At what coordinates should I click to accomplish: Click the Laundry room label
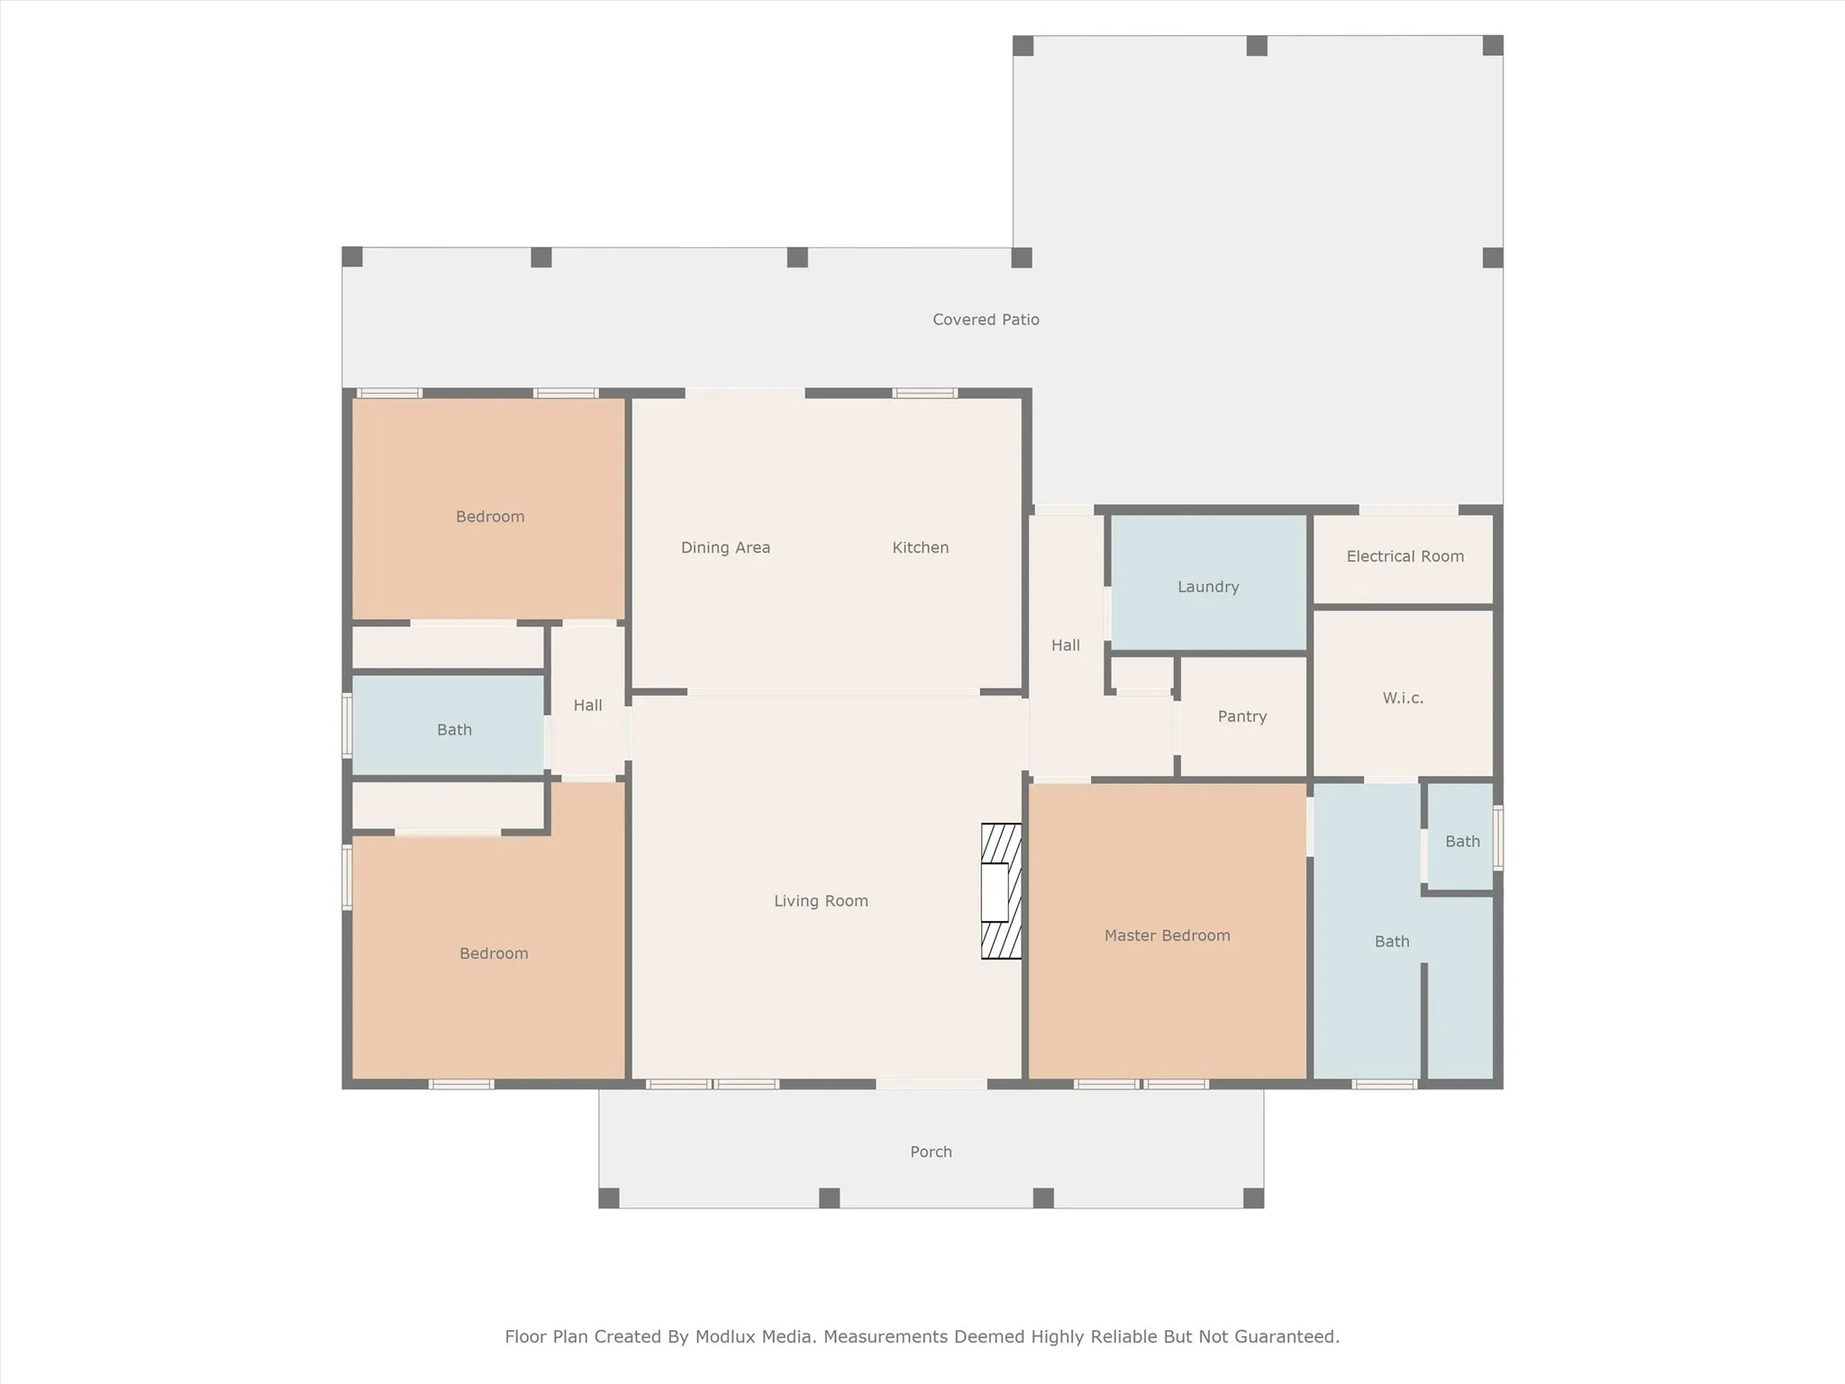pos(1208,587)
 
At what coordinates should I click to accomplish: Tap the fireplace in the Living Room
pos(1000,891)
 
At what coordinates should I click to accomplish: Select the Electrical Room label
pos(1404,556)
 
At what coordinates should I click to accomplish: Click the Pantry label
pos(1241,716)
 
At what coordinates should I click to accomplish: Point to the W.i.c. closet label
pos(1403,697)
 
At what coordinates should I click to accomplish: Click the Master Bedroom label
pos(1167,935)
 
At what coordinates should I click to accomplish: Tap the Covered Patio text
pos(986,319)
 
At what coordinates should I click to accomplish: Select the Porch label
pos(931,1152)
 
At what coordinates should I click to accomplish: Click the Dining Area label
pos(725,547)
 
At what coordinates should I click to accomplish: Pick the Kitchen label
pos(920,547)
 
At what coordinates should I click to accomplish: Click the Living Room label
pos(821,900)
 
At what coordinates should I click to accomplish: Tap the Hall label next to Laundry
pos(1065,645)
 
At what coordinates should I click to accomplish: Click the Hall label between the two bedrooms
pos(587,705)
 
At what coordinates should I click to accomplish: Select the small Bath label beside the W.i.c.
pos(1462,841)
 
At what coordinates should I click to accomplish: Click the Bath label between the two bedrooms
pos(454,730)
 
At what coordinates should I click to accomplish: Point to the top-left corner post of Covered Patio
pos(352,257)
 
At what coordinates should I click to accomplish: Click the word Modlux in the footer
pos(724,1336)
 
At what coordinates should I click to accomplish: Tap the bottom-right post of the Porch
pos(1253,1197)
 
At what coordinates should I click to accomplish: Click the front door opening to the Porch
pos(932,1084)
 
